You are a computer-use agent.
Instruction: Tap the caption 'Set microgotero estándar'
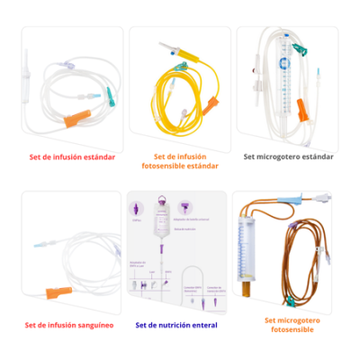coord(289,156)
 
